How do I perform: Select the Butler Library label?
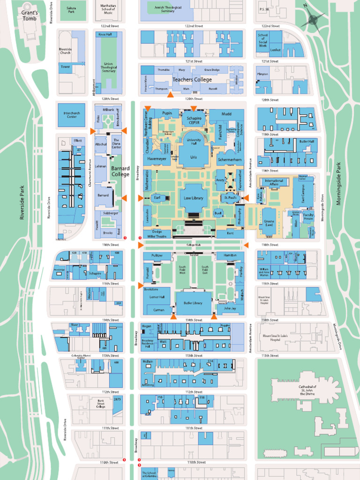click(193, 303)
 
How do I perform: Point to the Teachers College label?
click(192, 79)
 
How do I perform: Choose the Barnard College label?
click(120, 171)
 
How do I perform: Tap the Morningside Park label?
click(339, 184)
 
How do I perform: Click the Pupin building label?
click(167, 113)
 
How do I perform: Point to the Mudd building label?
click(226, 113)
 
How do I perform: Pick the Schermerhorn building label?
click(230, 160)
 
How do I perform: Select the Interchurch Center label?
click(71, 115)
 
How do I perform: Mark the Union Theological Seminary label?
click(109, 67)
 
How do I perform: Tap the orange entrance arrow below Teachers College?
click(171, 95)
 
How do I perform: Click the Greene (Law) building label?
click(269, 223)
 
